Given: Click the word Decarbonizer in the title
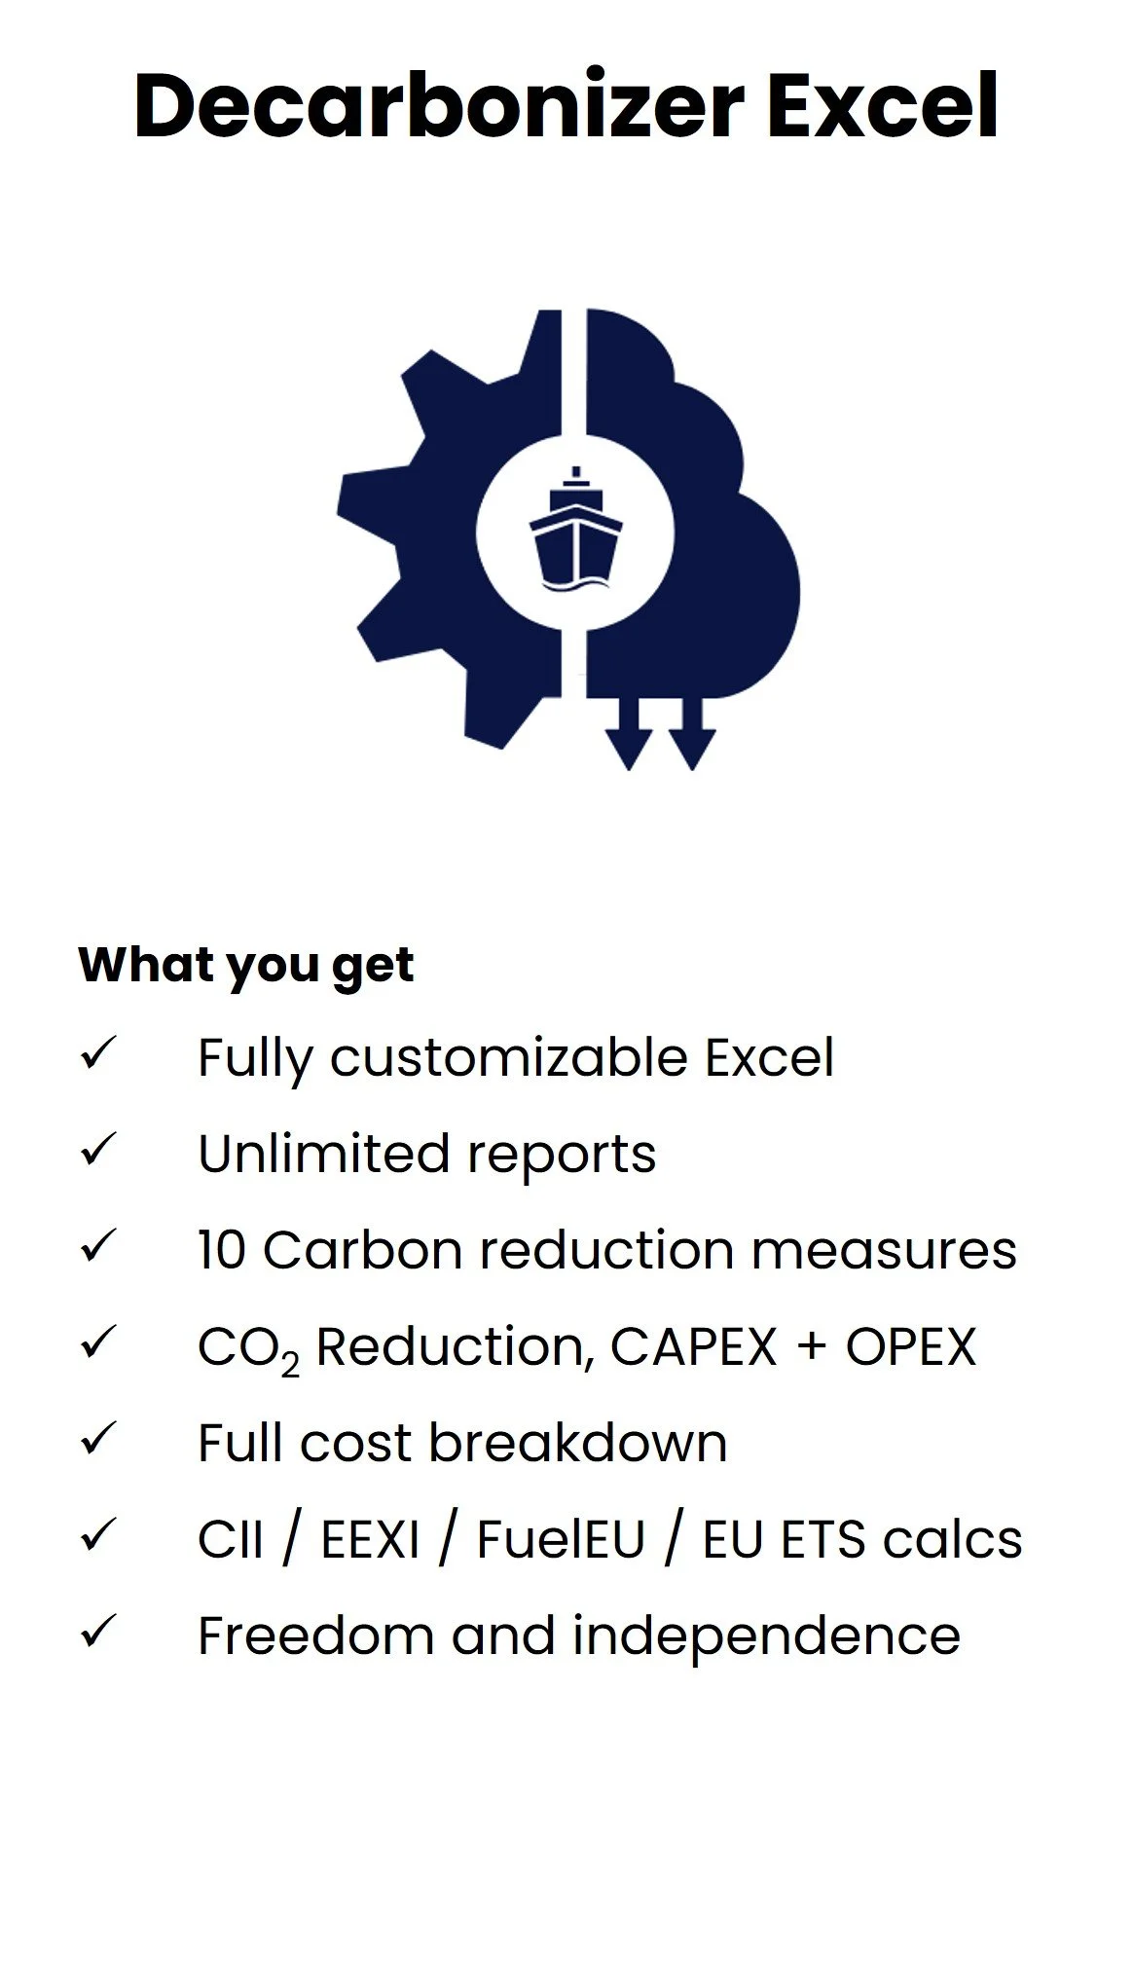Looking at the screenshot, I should pos(439,105).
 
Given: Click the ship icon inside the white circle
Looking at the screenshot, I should pos(575,531).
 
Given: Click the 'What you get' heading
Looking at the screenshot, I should pos(245,965).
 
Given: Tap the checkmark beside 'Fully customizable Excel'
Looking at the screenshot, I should pos(98,1053).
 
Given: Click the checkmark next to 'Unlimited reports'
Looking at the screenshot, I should pos(98,1150).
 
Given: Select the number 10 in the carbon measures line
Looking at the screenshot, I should pos(221,1250).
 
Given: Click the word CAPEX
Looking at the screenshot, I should pos(693,1346).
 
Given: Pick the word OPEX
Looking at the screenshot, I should pos(910,1346).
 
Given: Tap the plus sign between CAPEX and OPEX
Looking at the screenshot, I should pos(811,1348).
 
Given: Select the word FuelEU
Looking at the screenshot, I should pos(561,1539).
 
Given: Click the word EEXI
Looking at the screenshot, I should pos(371,1539).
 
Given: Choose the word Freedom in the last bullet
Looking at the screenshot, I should pos(314,1636).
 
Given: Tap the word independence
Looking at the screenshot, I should pos(766,1636).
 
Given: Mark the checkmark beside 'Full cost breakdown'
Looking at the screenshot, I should pos(98,1439).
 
